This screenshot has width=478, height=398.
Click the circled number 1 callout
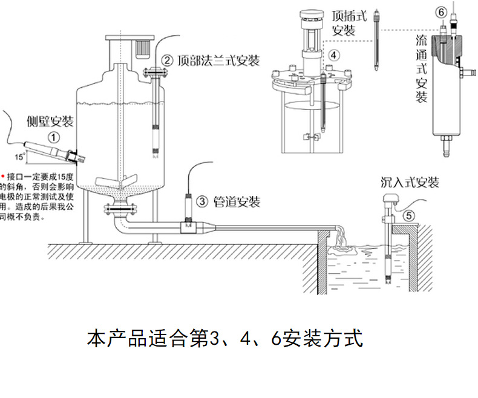[x=54, y=137]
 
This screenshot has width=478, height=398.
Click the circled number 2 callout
[x=166, y=60]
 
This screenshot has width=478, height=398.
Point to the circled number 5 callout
[x=409, y=214]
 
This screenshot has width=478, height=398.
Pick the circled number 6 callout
[x=440, y=12]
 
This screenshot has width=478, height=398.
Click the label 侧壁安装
[x=50, y=122]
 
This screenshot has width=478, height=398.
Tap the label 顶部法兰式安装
[x=218, y=60]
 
